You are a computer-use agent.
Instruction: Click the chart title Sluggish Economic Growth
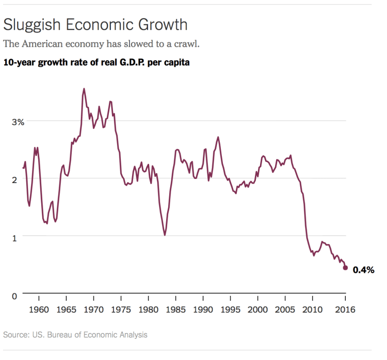(95, 24)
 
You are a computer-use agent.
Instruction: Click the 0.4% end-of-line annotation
(363, 270)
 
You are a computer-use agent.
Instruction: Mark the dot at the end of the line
(345, 268)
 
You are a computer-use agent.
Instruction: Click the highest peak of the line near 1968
(84, 89)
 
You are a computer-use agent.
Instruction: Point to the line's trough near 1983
(165, 235)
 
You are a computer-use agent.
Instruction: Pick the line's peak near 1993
(218, 137)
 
